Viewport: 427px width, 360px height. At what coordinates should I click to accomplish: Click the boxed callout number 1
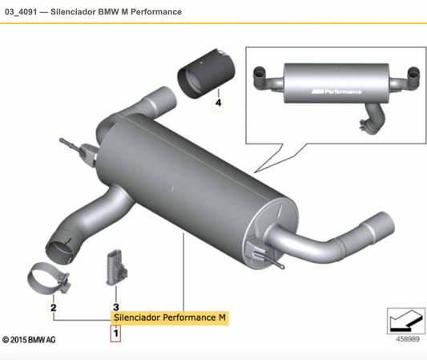[x=115, y=332]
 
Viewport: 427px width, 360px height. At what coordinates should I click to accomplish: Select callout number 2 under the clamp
[x=53, y=307]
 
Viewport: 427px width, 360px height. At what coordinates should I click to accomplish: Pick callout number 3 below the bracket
[x=115, y=307]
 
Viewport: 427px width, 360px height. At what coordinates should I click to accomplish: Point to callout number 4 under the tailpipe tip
[x=216, y=103]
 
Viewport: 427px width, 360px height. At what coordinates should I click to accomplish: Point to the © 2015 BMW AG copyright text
[x=29, y=340]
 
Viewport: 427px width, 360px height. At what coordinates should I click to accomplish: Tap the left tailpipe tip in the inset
[x=262, y=77]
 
